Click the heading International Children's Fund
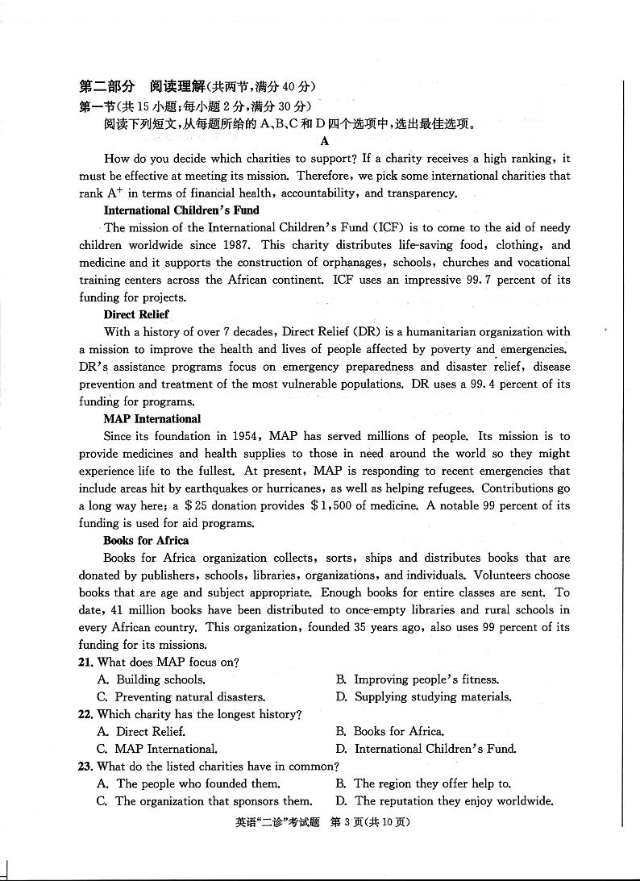[181, 210]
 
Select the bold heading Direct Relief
[136, 314]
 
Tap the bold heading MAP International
[152, 419]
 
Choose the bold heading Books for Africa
[146, 541]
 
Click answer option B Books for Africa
[398, 732]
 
